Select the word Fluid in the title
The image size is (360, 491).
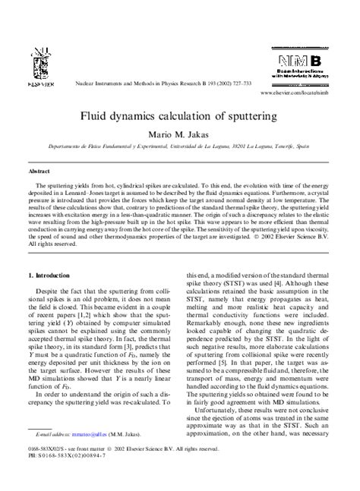point(100,118)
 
